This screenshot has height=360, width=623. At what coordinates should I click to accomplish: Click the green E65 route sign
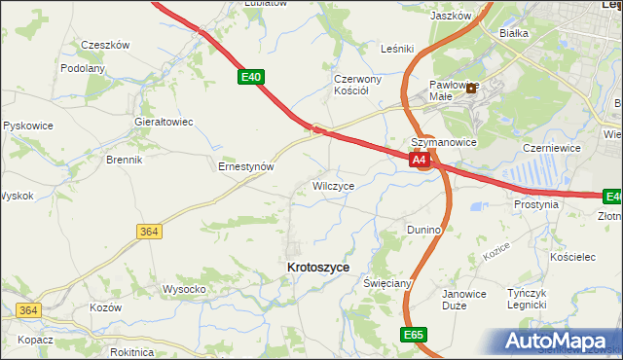pos(412,334)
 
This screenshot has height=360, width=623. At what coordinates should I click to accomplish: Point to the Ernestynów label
pos(245,166)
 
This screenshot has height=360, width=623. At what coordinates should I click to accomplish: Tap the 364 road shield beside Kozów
pos(27,310)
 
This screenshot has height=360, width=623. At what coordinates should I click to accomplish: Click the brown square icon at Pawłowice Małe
pos(472,88)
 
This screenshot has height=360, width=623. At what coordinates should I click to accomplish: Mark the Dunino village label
pos(424,230)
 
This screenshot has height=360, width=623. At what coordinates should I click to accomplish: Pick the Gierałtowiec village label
pos(164,123)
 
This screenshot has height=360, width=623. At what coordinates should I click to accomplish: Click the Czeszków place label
pos(105,45)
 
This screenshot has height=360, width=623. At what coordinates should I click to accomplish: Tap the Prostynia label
pos(537,205)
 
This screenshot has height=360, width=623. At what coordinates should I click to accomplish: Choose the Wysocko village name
pos(184,289)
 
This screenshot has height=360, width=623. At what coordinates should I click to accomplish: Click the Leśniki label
pos(398,48)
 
